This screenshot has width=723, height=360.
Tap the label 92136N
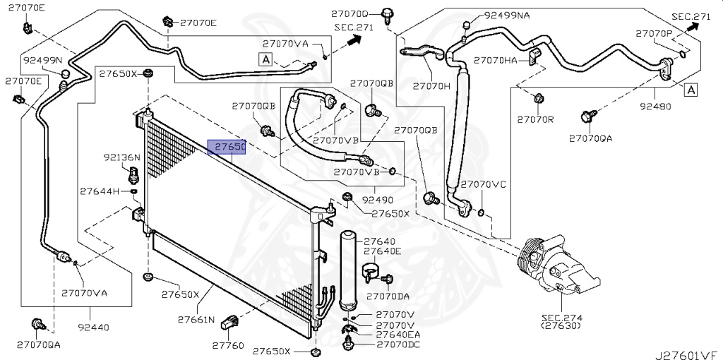(122, 157)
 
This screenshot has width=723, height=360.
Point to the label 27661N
(196, 320)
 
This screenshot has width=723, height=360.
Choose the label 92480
(655, 107)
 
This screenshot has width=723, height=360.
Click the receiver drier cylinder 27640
(348, 268)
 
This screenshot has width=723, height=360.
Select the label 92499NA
(507, 15)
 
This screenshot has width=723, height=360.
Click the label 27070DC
(398, 344)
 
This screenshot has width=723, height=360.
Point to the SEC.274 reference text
(561, 318)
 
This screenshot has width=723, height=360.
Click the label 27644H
(100, 191)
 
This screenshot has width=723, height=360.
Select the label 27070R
(534, 119)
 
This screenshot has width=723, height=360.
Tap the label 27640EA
(398, 335)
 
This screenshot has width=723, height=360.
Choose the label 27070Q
(350, 14)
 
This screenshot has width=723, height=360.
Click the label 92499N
(42, 60)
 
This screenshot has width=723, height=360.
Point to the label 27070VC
(484, 184)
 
